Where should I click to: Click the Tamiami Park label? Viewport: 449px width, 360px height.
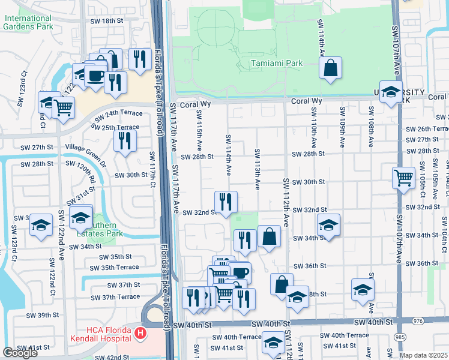(268, 63)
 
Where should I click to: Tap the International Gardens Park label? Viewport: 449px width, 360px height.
(28, 22)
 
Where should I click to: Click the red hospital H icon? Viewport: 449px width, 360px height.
(140, 332)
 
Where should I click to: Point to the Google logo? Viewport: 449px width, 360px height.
(20, 353)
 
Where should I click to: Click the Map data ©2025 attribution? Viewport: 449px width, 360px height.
(424, 355)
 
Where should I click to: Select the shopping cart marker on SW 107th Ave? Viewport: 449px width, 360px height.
(403, 177)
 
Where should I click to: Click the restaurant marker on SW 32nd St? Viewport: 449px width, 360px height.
(226, 201)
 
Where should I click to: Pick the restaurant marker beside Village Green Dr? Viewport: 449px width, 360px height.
(125, 140)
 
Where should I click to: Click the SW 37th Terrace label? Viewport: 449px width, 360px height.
(116, 297)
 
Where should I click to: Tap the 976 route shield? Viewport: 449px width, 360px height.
(418, 322)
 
